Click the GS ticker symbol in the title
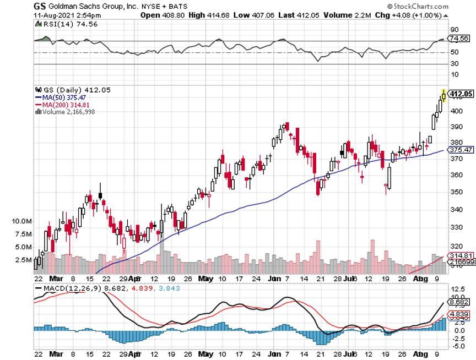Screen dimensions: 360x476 (40, 6)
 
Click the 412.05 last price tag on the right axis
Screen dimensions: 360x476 (462, 94)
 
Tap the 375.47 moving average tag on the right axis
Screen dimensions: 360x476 (462, 150)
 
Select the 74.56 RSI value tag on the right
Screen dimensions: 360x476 (459, 39)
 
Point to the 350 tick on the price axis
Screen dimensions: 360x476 (455, 192)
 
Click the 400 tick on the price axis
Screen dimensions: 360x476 (455, 111)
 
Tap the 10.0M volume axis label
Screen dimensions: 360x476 (20, 221)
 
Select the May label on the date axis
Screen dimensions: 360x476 (207, 279)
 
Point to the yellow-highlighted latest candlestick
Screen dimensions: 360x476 (444, 96)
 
